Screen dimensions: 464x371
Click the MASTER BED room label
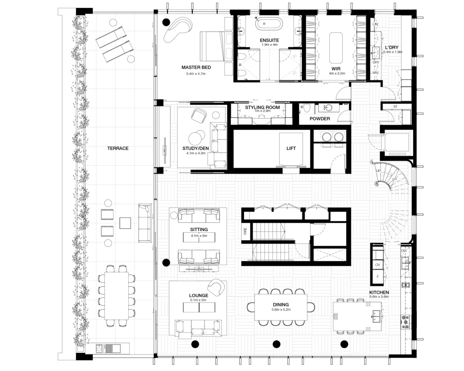196,68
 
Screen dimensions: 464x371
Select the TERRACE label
118,148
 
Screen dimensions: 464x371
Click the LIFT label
291,148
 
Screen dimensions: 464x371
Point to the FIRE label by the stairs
245,231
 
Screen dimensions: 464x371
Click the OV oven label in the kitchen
377,265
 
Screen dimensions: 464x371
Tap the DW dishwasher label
404,251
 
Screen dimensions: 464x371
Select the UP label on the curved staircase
378,171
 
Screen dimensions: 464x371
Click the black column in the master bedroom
166,22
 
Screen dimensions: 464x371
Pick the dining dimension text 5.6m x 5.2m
281,310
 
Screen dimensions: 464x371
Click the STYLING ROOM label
262,107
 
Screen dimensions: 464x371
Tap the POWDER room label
320,119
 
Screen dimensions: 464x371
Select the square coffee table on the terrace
125,223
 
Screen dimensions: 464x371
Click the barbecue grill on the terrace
100,348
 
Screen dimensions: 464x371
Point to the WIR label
336,69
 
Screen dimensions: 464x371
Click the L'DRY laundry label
392,47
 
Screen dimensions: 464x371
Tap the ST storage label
395,107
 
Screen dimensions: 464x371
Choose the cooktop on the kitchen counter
405,322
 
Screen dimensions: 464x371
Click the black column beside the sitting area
166,262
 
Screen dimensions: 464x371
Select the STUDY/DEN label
196,148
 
